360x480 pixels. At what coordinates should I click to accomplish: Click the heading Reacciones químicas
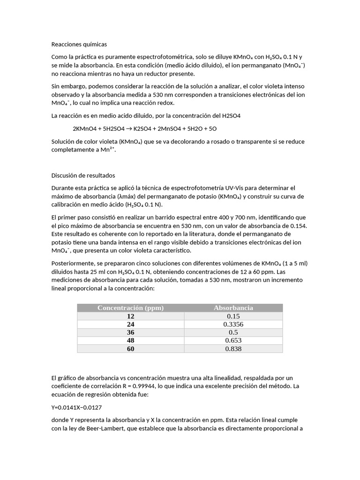pyautogui.click(x=79, y=45)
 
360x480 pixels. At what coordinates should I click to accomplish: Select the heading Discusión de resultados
pyautogui.click(x=82, y=175)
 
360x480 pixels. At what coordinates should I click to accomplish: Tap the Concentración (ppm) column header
pyautogui.click(x=130, y=308)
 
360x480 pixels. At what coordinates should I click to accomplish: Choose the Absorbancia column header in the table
pyautogui.click(x=233, y=308)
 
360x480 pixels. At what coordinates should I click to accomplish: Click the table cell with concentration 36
pyautogui.click(x=130, y=332)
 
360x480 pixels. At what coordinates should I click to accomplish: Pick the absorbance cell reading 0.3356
pyautogui.click(x=233, y=324)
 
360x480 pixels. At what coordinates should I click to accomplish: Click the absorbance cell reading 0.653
pyautogui.click(x=233, y=341)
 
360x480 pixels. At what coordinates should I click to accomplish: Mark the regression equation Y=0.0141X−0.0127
pyautogui.click(x=76, y=407)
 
